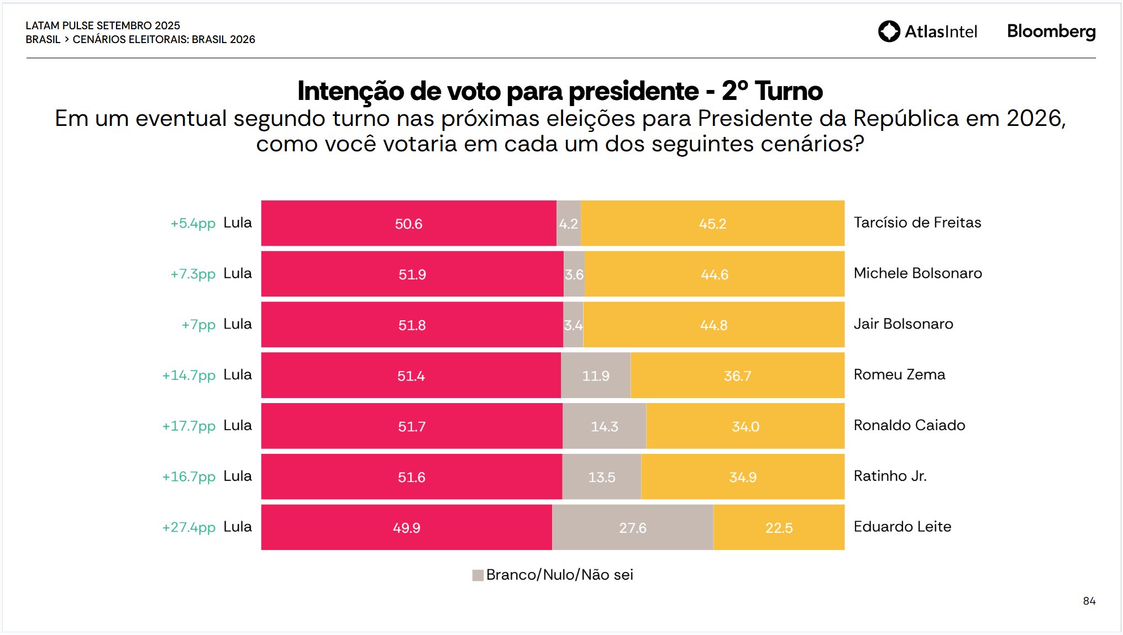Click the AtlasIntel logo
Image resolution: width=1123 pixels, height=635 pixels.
click(x=927, y=31)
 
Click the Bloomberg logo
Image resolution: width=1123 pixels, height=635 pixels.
click(x=1051, y=31)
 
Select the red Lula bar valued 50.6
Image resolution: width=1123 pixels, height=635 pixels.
click(x=408, y=223)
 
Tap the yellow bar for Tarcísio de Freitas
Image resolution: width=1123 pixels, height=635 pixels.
click(x=712, y=223)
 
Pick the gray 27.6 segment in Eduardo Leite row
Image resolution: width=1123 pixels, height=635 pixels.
click(x=632, y=527)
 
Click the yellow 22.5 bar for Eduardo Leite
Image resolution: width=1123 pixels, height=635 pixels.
click(x=779, y=527)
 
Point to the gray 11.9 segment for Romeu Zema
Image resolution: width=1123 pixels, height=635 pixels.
click(x=595, y=375)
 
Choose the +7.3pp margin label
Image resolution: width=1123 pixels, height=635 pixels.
click(x=192, y=274)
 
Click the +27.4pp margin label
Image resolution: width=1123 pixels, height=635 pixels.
click(x=188, y=527)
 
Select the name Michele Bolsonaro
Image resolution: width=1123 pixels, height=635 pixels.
click(x=917, y=273)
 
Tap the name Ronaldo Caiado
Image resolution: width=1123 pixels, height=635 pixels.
click(x=909, y=425)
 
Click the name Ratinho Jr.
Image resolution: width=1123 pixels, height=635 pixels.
click(x=890, y=476)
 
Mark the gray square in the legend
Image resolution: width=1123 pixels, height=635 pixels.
click(x=477, y=575)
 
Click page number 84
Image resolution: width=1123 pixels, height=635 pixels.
click(x=1089, y=601)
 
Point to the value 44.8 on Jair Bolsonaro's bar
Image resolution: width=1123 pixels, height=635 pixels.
click(x=713, y=325)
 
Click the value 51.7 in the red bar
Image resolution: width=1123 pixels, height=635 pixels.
click(x=412, y=426)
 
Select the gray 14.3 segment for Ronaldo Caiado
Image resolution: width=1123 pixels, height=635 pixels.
click(x=604, y=426)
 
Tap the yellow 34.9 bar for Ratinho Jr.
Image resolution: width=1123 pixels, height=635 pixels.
click(x=742, y=477)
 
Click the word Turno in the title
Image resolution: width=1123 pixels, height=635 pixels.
click(x=789, y=91)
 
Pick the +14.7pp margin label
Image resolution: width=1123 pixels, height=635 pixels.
click(x=188, y=375)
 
